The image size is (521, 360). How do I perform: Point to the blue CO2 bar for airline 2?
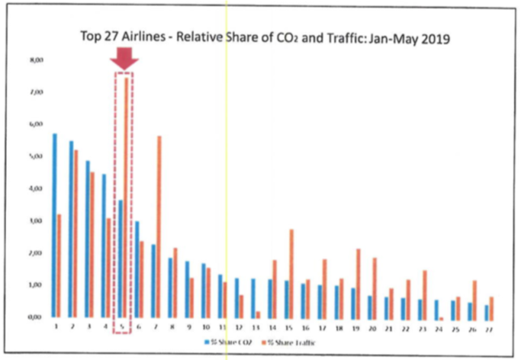[x=71, y=229]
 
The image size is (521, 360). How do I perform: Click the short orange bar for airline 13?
[x=258, y=313]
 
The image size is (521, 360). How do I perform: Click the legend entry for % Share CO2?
[x=228, y=342]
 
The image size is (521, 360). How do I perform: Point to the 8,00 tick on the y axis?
[x=31, y=59]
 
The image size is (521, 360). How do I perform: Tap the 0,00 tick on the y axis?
[x=31, y=317]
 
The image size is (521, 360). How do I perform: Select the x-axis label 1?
[x=57, y=326]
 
